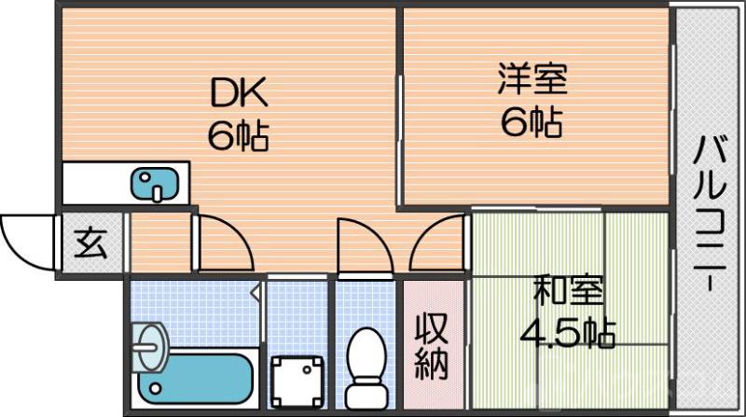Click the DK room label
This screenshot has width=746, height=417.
pyautogui.click(x=240, y=94)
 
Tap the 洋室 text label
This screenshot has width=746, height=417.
pyautogui.click(x=532, y=79)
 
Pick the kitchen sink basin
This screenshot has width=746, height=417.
pyautogui.click(x=151, y=184)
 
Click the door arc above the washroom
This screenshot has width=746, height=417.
pyautogui.click(x=224, y=244)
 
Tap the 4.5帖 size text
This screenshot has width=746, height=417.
pyautogui.click(x=568, y=332)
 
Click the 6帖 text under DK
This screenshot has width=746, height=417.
pyautogui.click(x=239, y=136)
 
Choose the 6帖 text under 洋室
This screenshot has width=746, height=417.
pyautogui.click(x=532, y=121)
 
